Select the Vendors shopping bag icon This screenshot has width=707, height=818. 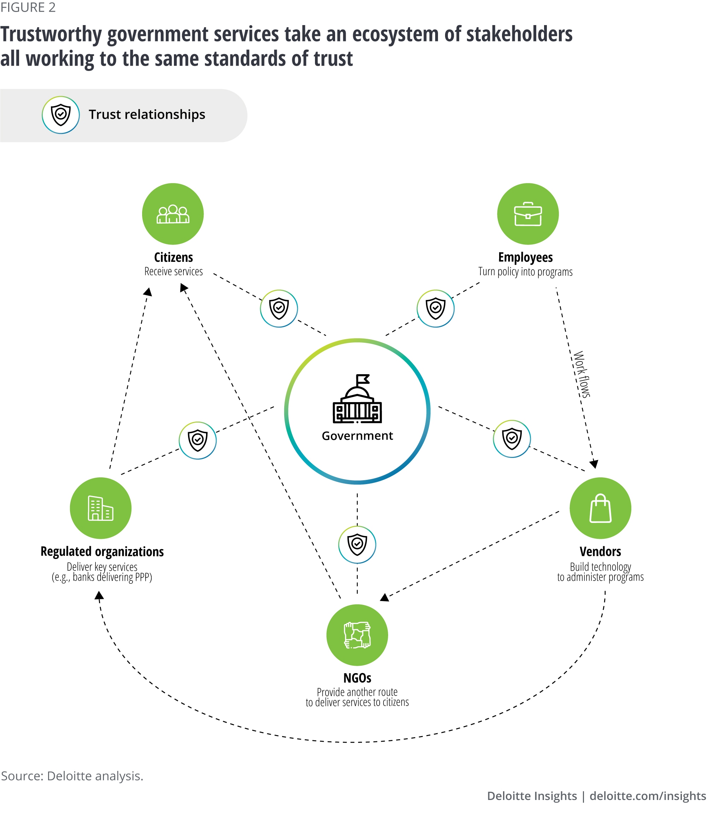point(600,508)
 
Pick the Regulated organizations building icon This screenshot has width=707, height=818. point(100,508)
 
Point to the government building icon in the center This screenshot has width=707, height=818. point(357,399)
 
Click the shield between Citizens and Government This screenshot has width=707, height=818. point(279,308)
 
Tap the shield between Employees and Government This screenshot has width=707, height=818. point(435,308)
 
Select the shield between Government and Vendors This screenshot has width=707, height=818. point(512,439)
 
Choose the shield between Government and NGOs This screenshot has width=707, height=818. point(357,545)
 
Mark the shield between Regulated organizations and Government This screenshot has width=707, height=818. point(198,440)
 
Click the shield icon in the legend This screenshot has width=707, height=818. point(61,115)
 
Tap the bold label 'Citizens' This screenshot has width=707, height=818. point(174,257)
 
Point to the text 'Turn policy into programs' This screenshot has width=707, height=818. point(525,272)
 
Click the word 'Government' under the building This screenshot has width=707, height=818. point(357,436)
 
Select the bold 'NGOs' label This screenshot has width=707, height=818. point(357,678)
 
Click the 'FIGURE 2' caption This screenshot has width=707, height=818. point(28,7)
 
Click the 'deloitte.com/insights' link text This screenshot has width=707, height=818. point(647,796)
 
